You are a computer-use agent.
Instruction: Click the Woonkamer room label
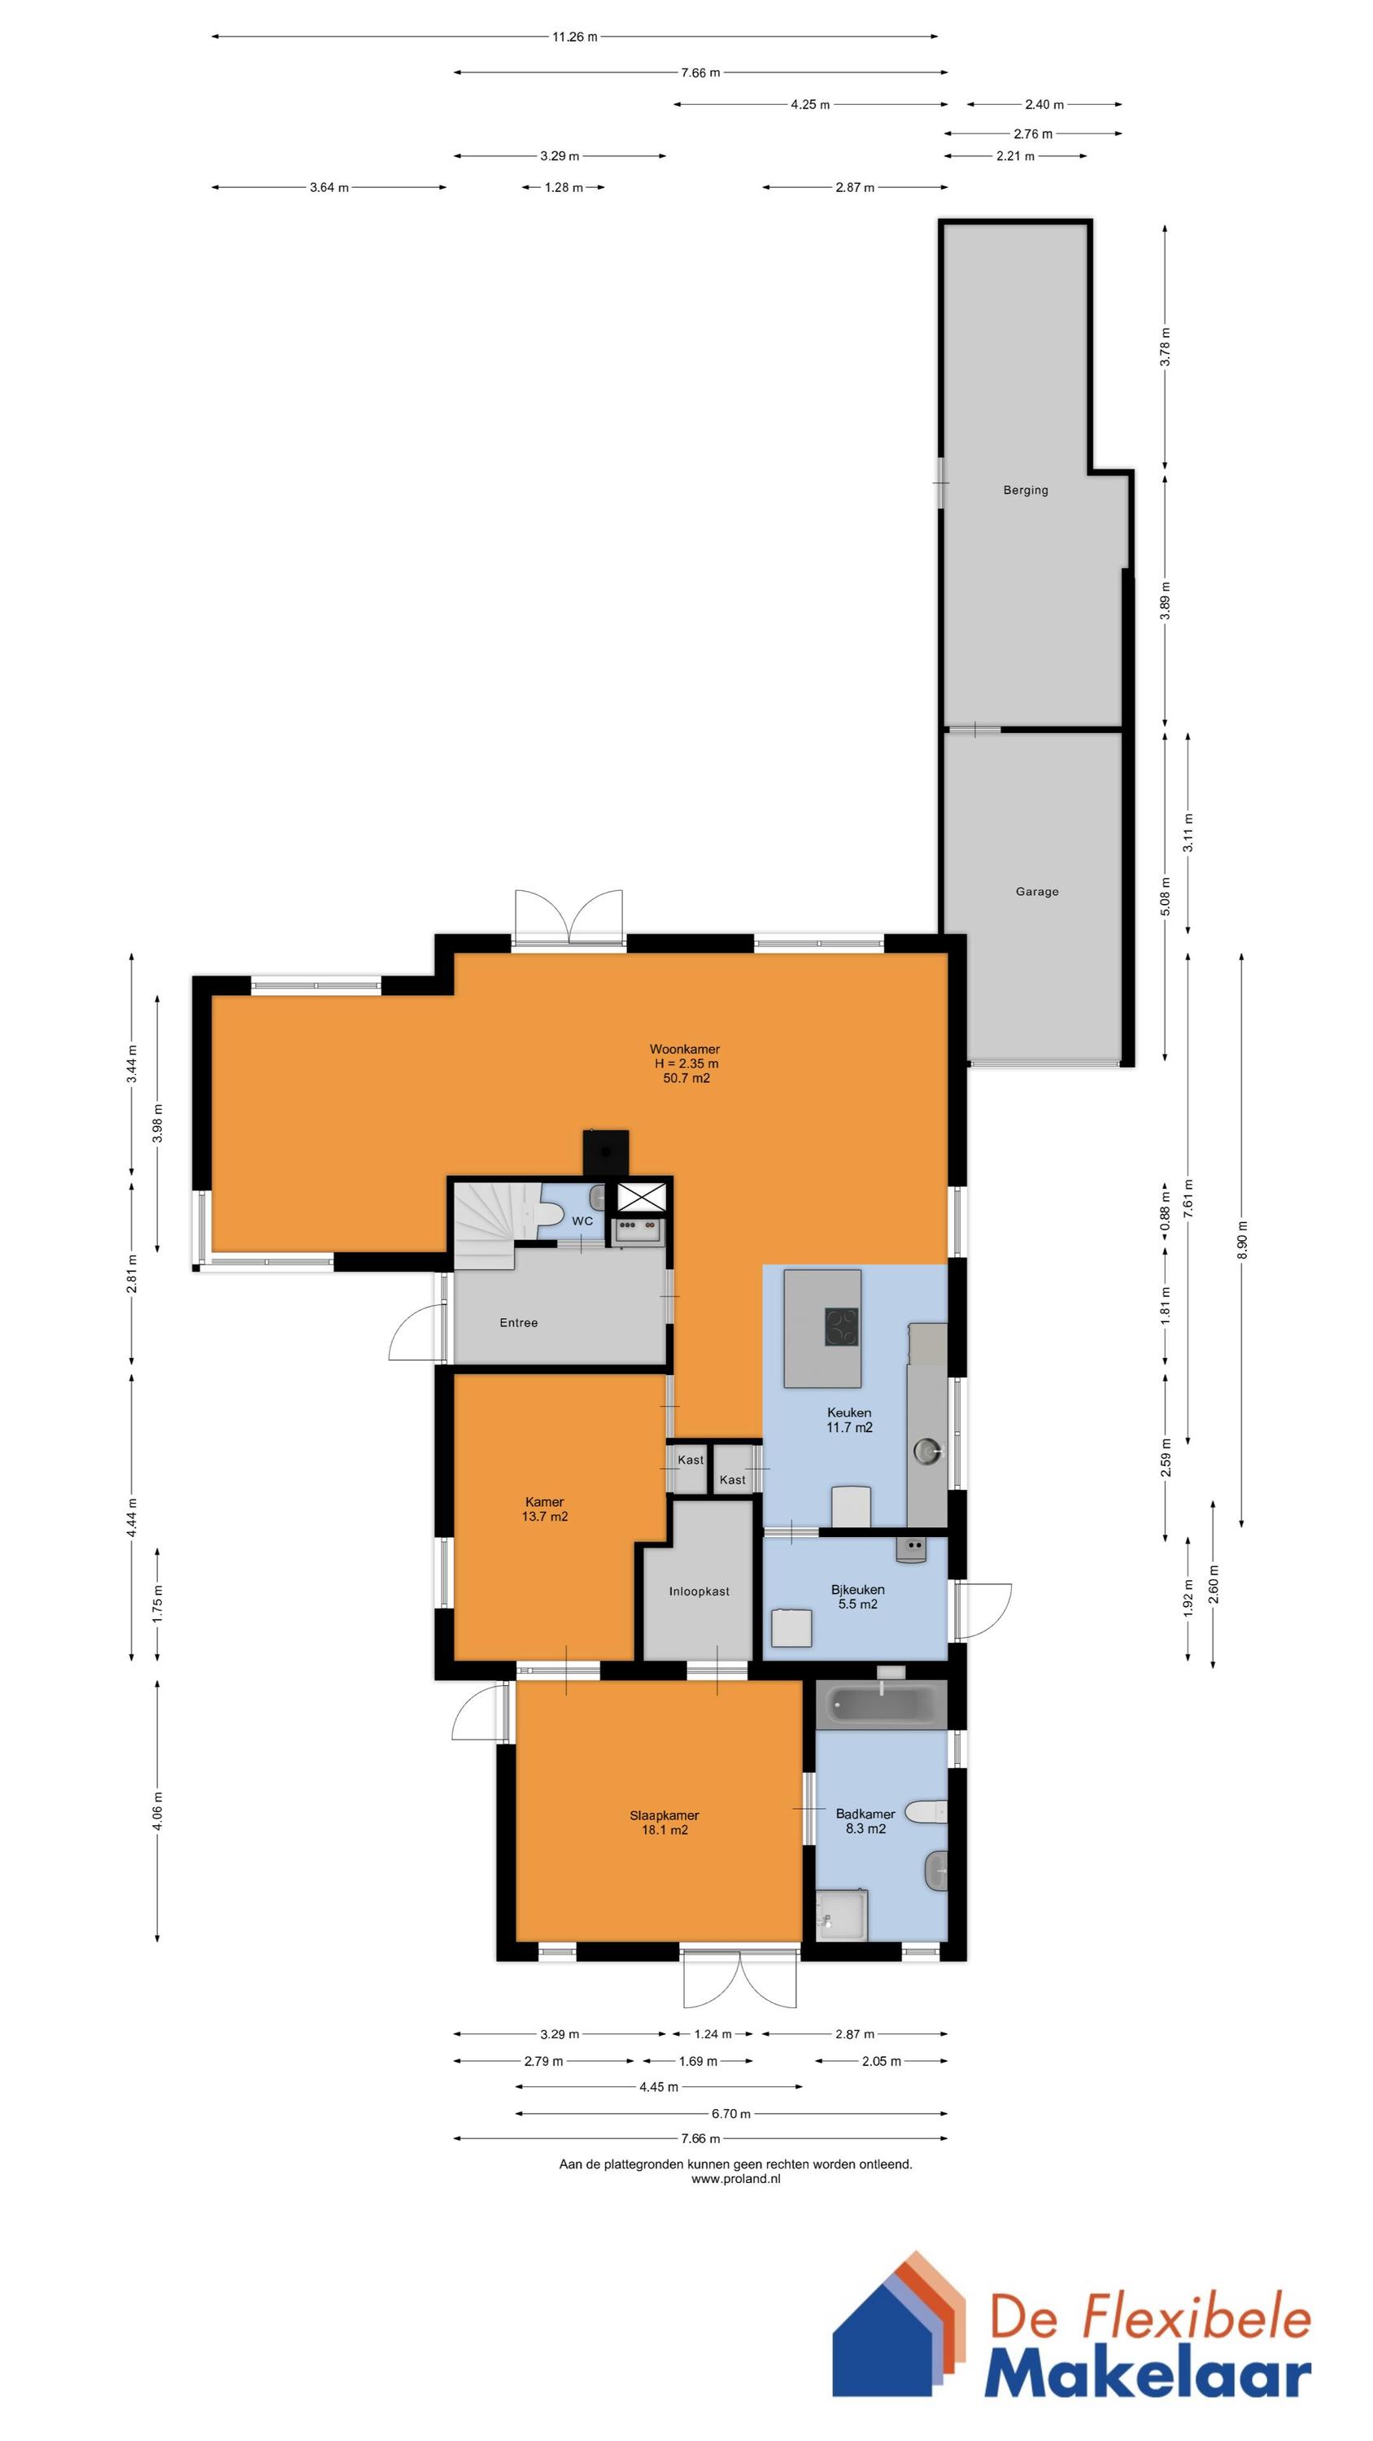click(x=684, y=1049)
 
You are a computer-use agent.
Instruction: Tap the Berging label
click(x=1025, y=490)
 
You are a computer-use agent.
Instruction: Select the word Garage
click(x=1036, y=892)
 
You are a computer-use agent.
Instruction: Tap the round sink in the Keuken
click(x=926, y=1450)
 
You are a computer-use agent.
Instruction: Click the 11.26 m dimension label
click(x=574, y=37)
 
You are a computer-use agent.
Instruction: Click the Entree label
click(x=518, y=1322)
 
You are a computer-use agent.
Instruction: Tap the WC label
click(x=582, y=1220)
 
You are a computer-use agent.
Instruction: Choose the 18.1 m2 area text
click(x=665, y=1830)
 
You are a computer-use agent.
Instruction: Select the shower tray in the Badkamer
click(x=841, y=1913)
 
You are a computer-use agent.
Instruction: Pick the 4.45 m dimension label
click(x=659, y=2086)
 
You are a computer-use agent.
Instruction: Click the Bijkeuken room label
click(x=857, y=1589)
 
